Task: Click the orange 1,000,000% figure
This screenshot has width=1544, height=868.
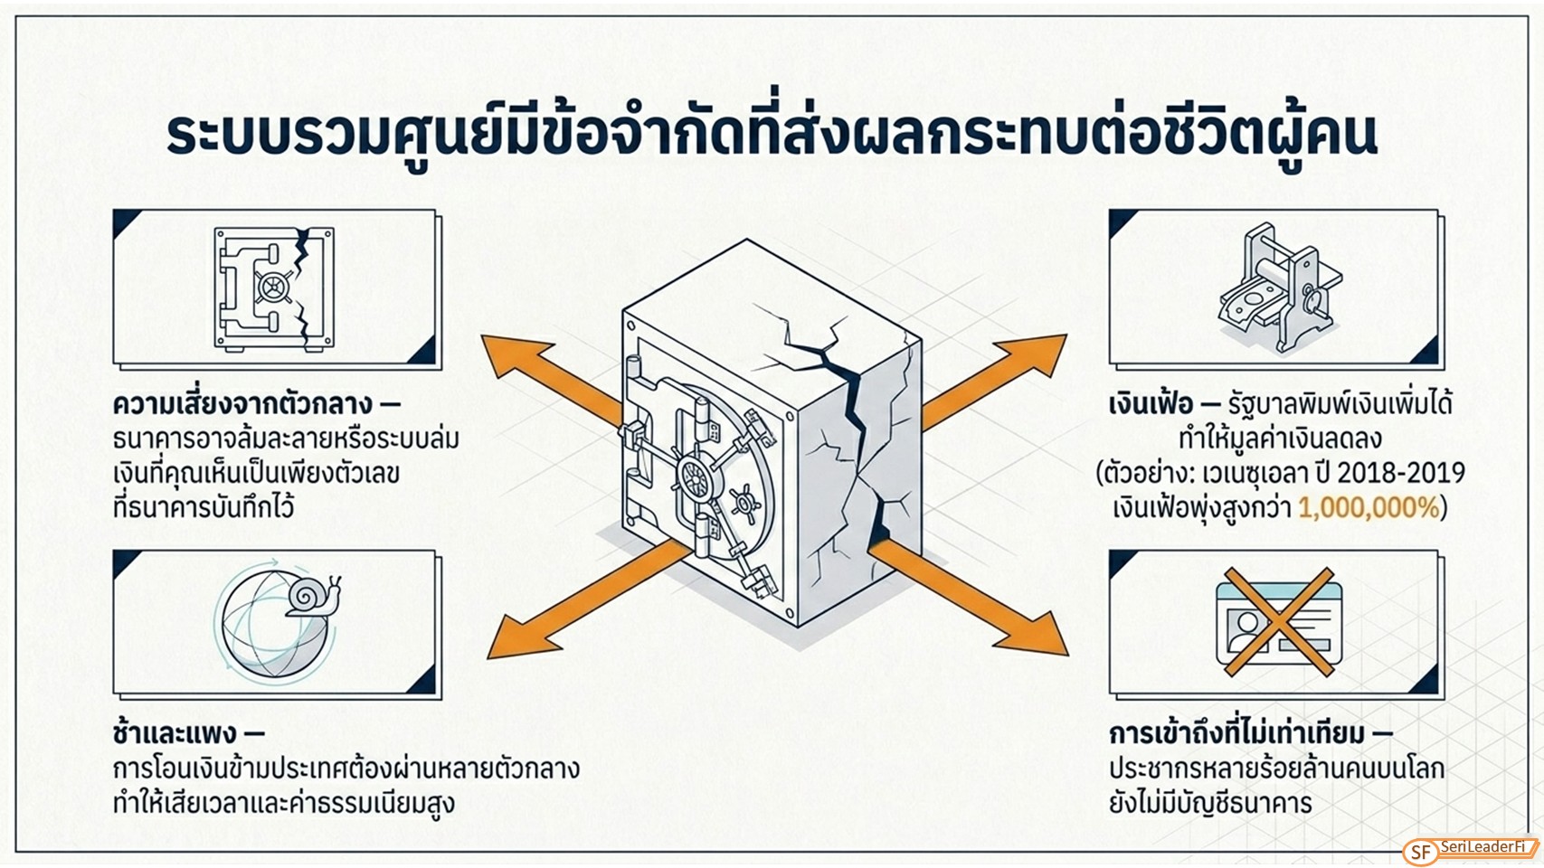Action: tap(1369, 508)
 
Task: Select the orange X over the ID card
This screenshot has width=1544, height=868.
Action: tap(1279, 622)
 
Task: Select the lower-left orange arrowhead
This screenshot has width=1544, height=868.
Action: tap(520, 637)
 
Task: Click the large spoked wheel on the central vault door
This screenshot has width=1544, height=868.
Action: tap(696, 476)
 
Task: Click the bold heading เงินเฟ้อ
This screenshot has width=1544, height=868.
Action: tap(1151, 403)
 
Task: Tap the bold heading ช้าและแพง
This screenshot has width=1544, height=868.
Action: tap(175, 733)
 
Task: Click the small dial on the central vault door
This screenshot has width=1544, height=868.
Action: tap(744, 501)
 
